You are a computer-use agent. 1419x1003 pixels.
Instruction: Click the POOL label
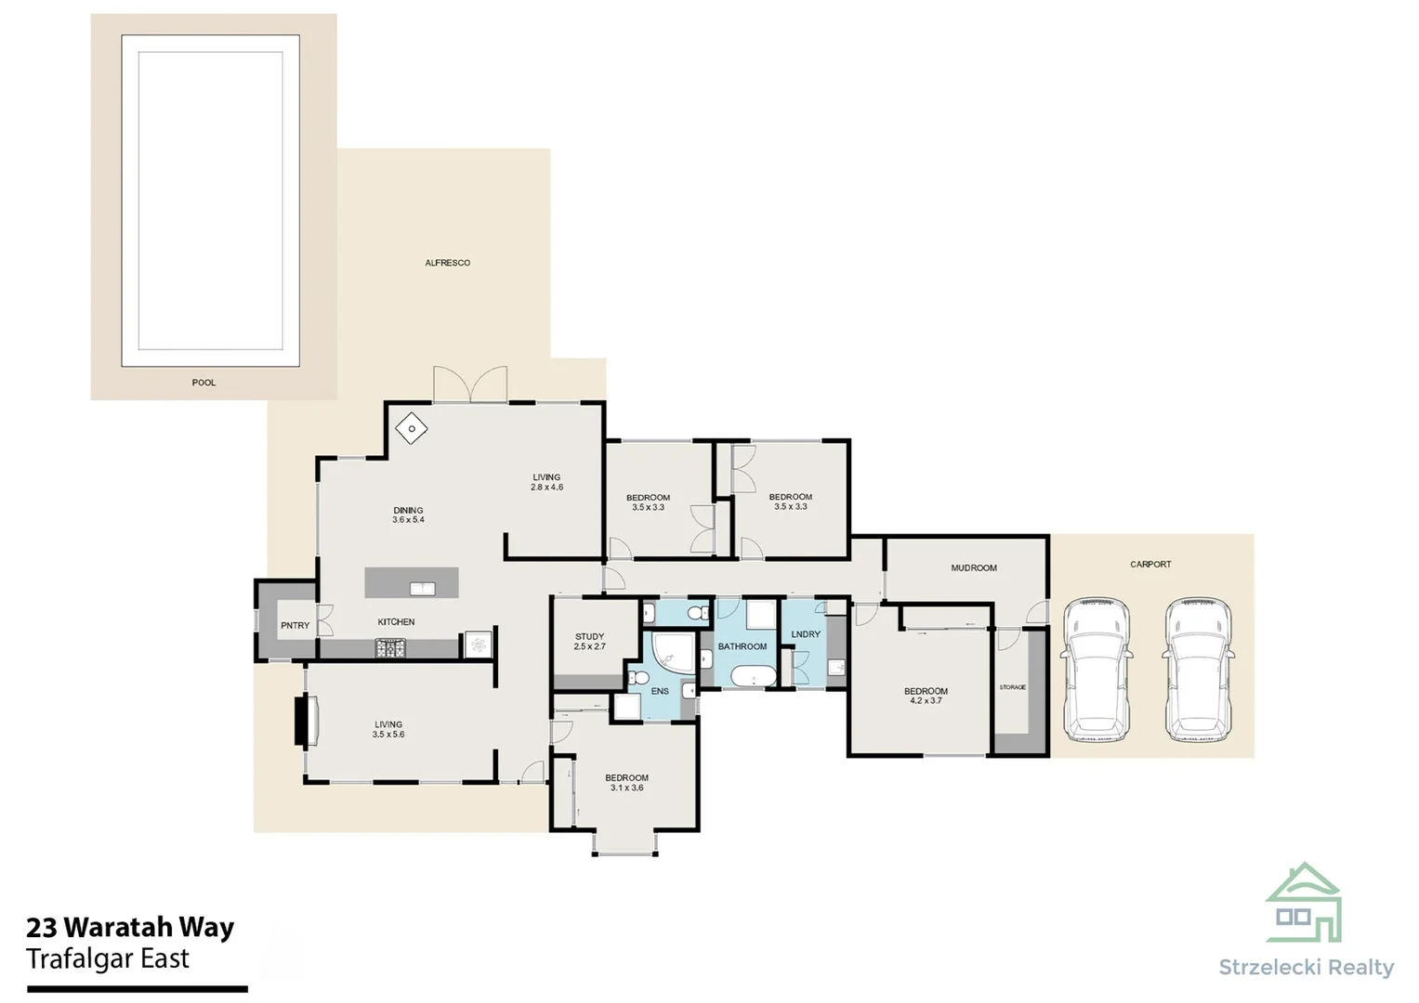point(204,383)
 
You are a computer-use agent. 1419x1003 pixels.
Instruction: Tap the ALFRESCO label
point(447,263)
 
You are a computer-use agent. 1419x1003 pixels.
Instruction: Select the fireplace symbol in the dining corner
point(411,428)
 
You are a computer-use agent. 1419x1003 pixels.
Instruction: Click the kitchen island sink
point(423,588)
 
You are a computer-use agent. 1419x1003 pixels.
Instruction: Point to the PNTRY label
point(295,626)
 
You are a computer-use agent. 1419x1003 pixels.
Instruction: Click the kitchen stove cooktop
point(390,647)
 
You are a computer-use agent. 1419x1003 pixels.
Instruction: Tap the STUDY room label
point(589,637)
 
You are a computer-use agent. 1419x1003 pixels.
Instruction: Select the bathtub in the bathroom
point(753,676)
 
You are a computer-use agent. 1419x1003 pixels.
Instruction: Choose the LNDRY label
point(806,634)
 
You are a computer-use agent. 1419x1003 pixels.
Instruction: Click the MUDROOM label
point(973,567)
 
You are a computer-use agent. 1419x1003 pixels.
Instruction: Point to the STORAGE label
point(1012,687)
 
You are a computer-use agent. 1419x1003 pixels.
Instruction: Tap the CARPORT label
point(1150,564)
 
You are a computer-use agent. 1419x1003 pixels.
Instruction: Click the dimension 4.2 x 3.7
point(926,701)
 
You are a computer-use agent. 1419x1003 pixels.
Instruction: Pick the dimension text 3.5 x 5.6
point(388,735)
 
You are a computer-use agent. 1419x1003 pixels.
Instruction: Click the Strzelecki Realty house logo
point(1304,903)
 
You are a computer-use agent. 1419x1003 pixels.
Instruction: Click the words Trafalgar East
point(108,958)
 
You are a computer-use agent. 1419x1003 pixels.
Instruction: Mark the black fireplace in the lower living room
point(303,721)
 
